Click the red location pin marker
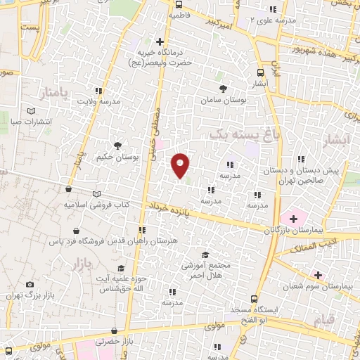(x=181, y=165)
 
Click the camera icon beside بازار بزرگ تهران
(x=29, y=284)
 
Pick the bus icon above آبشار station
(x=261, y=72)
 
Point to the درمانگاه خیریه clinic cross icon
(x=161, y=41)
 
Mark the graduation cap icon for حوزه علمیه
(x=121, y=269)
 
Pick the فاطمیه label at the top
(x=181, y=14)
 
